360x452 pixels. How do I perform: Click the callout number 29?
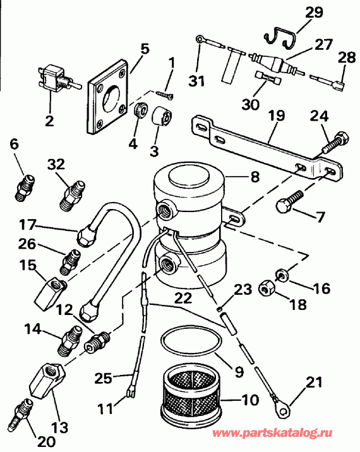pos(315,11)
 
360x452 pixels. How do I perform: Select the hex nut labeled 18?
pos(266,290)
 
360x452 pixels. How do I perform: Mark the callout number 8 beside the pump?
pos(255,177)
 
